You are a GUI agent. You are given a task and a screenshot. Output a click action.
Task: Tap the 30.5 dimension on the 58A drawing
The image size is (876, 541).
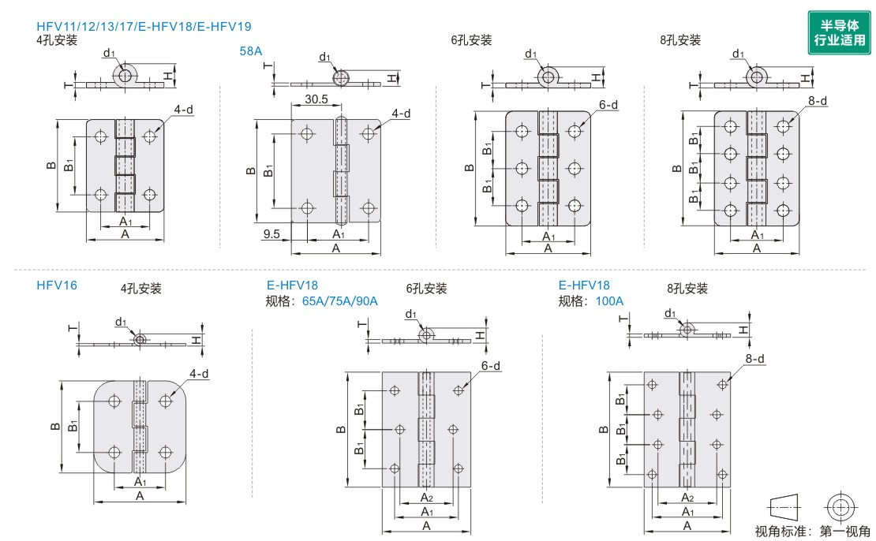pyautogui.click(x=316, y=100)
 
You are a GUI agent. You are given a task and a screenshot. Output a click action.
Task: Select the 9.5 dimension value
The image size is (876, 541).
pyautogui.click(x=272, y=234)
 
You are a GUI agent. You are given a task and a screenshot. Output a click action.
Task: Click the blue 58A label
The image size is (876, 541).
pyautogui.click(x=250, y=51)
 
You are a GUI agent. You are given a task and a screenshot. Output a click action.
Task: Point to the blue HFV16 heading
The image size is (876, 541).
pyautogui.click(x=57, y=285)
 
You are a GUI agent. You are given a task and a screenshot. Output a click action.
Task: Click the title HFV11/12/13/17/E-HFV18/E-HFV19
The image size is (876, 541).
pyautogui.click(x=144, y=27)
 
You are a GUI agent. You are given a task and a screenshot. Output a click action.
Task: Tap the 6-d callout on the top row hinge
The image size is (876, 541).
pyautogui.click(x=608, y=105)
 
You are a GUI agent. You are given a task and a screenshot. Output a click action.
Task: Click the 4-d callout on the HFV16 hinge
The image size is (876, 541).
pyautogui.click(x=199, y=374)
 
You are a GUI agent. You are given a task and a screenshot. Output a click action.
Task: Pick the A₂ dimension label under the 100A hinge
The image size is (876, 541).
pyautogui.click(x=687, y=498)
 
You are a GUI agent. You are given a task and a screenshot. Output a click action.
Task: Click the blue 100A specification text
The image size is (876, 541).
pyautogui.click(x=610, y=301)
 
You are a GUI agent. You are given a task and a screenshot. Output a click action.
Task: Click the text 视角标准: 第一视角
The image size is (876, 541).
pyautogui.click(x=812, y=531)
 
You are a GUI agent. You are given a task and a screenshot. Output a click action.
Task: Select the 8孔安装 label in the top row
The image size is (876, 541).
pyautogui.click(x=680, y=40)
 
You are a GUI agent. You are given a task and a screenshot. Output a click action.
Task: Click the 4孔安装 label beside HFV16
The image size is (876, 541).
pyautogui.click(x=141, y=289)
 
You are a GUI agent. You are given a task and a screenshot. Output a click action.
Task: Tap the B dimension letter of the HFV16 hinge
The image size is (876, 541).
pyautogui.click(x=54, y=426)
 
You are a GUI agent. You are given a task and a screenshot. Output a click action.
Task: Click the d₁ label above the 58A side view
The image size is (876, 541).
pyautogui.click(x=325, y=57)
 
